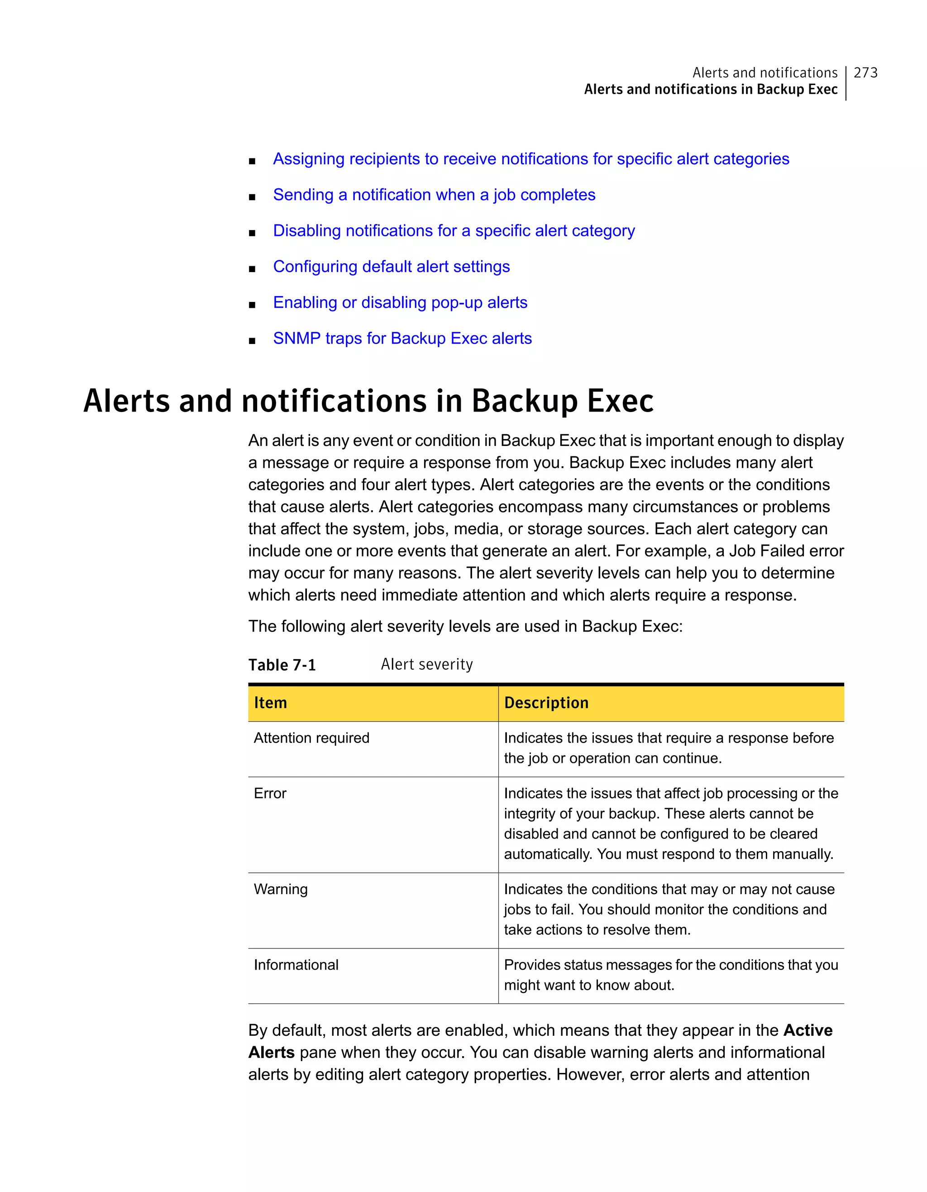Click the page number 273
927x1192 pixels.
coord(865,72)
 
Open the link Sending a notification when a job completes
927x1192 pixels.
coord(434,195)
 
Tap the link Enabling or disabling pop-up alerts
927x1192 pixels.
coord(400,302)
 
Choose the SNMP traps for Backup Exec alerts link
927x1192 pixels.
coord(402,338)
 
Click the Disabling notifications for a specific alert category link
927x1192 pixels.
coord(454,231)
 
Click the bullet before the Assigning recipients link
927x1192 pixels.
coord(252,160)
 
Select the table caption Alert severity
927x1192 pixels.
coord(427,664)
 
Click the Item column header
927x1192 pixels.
coord(271,703)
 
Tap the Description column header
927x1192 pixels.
coord(546,703)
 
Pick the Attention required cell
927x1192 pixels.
coord(311,738)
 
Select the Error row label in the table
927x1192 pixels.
coord(270,794)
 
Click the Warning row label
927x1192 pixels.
coord(281,889)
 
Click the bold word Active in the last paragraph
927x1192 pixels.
coord(808,1030)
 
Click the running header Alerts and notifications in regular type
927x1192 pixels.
coord(765,72)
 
